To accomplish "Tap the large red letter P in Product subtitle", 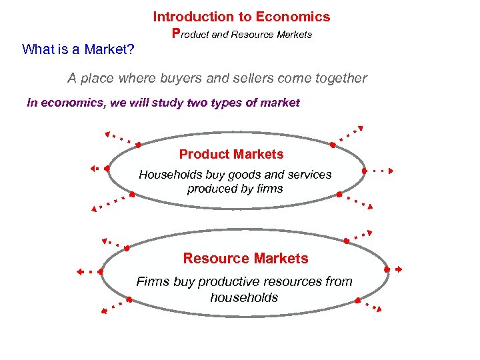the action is pyautogui.click(x=176, y=33).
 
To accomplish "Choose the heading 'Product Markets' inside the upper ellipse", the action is pyautogui.click(x=231, y=155).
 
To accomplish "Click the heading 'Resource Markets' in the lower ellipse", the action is pyautogui.click(x=245, y=258).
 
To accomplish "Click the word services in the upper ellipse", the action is pyautogui.click(x=307, y=175).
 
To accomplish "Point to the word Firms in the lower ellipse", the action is pyautogui.click(x=153, y=281).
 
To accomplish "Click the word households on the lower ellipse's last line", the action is pyautogui.click(x=244, y=297).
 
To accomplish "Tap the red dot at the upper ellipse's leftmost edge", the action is pyautogui.click(x=107, y=169).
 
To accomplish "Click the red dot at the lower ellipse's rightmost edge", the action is pyautogui.click(x=387, y=269).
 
